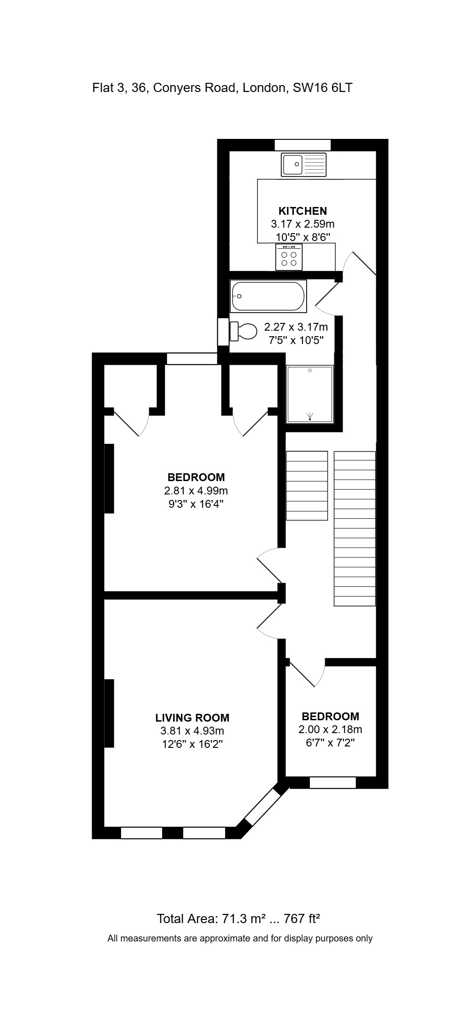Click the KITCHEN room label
click(x=303, y=211)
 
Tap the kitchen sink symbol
click(x=304, y=164)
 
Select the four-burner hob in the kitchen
click(x=289, y=257)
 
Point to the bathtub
click(x=268, y=296)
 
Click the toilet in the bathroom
click(x=243, y=331)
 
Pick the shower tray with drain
click(x=310, y=394)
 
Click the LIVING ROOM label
click(x=192, y=717)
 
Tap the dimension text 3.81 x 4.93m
click(x=192, y=730)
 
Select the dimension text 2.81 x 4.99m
click(x=196, y=490)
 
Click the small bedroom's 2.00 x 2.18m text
click(x=330, y=729)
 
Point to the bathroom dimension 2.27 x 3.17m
click(x=296, y=327)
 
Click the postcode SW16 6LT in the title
click(x=322, y=87)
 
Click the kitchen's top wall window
click(x=303, y=145)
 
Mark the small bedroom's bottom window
click(x=332, y=782)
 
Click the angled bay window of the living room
click(x=263, y=807)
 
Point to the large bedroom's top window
click(x=192, y=358)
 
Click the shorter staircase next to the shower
click(x=307, y=485)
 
